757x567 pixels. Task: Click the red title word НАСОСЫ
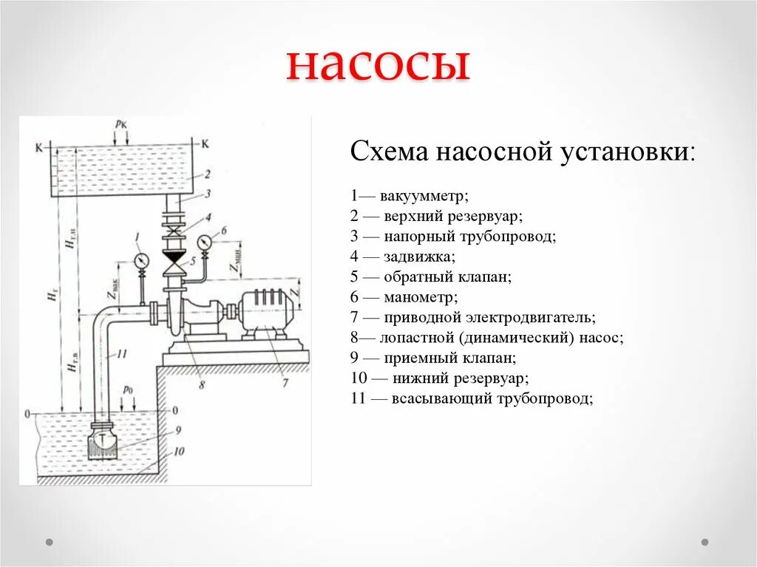click(378, 65)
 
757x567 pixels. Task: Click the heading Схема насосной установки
click(522, 152)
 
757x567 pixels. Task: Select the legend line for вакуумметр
click(411, 197)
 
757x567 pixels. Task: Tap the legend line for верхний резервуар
click(437, 217)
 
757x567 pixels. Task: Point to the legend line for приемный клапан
click(433, 358)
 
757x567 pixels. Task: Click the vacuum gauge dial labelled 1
click(140, 259)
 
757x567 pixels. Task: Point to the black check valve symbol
click(174, 259)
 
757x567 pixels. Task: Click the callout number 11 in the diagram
click(122, 354)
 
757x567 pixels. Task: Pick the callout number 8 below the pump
click(201, 384)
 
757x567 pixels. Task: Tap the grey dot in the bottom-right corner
click(705, 542)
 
